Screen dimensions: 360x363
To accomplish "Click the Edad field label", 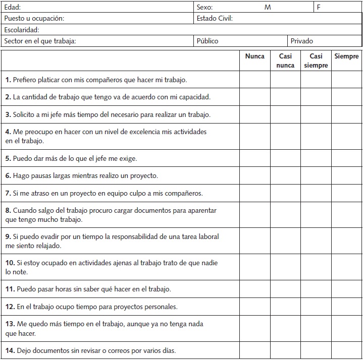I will (13, 8).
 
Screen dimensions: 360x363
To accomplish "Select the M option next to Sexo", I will (268, 8).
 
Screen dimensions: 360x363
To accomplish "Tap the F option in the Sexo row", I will (319, 8).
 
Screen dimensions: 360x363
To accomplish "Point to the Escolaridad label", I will (21, 30).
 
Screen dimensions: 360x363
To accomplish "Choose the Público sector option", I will (208, 41).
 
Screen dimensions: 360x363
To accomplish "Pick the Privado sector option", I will (302, 41).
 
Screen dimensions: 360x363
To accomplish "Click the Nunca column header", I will (254, 56).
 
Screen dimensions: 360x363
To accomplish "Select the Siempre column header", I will (346, 56).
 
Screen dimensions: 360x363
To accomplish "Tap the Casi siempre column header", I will (316, 61).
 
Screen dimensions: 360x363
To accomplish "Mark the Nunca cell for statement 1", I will (254, 80).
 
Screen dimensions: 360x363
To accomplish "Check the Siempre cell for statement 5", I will (346, 158).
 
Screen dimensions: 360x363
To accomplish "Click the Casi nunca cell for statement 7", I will (286, 193).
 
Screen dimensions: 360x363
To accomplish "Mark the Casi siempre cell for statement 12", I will (316, 307).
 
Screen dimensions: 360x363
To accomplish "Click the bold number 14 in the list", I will (9, 350).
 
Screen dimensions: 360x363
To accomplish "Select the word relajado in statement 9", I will (46, 246).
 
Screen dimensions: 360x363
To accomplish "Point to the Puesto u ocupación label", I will (34, 19).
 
